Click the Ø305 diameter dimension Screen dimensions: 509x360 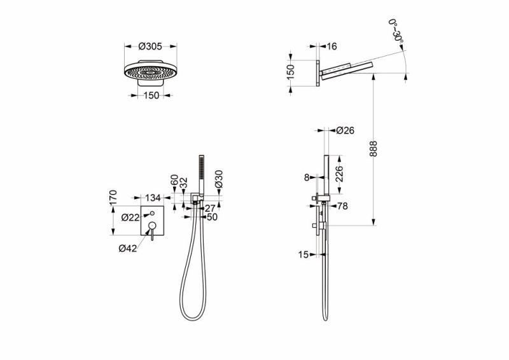click(x=150, y=46)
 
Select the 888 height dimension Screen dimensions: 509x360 click(x=373, y=149)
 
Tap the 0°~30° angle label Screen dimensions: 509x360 click(x=396, y=30)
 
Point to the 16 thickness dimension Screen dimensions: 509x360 click(x=331, y=46)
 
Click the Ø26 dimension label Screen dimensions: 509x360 click(x=345, y=130)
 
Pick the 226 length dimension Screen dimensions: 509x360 click(x=338, y=174)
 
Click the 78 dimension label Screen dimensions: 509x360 click(x=342, y=206)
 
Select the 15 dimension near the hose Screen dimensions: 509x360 click(x=303, y=255)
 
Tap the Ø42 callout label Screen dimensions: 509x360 click(x=128, y=249)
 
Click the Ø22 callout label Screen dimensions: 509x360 click(x=130, y=218)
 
